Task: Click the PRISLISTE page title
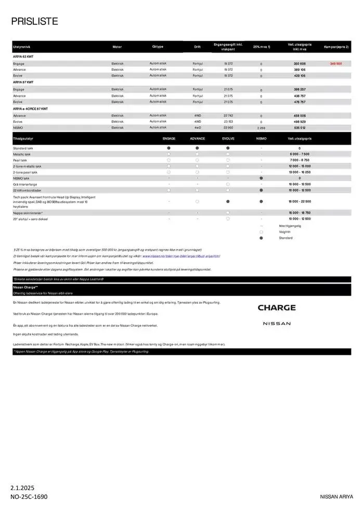coord(34,21)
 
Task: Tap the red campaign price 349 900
coord(336,63)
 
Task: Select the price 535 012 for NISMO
coord(300,127)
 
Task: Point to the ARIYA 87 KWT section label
coord(23,82)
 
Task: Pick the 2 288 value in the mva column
coord(261,127)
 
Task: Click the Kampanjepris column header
coord(336,47)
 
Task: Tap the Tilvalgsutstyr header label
coord(23,139)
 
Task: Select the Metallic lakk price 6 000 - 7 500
coord(300,154)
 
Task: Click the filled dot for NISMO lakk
coord(261,178)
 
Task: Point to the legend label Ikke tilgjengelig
coord(290,226)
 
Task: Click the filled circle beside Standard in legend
coord(261,238)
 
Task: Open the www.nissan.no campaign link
coord(181,256)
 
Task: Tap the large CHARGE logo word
coord(277,307)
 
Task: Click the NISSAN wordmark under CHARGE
coord(277,324)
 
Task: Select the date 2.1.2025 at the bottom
coord(22,488)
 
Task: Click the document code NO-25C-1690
coord(29,497)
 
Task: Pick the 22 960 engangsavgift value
coord(228,127)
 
